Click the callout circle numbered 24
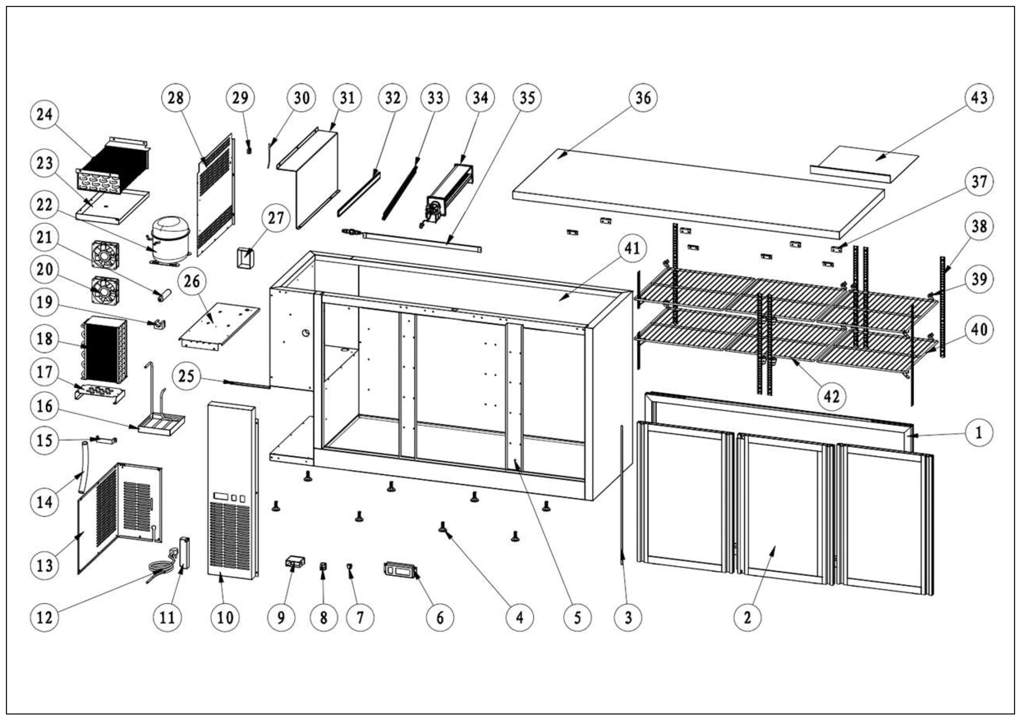pos(45,115)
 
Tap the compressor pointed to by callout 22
pos(170,240)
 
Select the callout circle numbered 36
pos(643,98)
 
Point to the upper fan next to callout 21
pos(106,255)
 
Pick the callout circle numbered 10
pos(225,617)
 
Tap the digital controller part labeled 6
pos(400,570)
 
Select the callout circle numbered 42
pos(832,396)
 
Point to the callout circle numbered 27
pos(276,218)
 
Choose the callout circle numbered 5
pos(577,617)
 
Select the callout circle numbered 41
pos(632,248)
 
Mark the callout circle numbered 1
pos(978,432)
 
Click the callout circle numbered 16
pos(45,406)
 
